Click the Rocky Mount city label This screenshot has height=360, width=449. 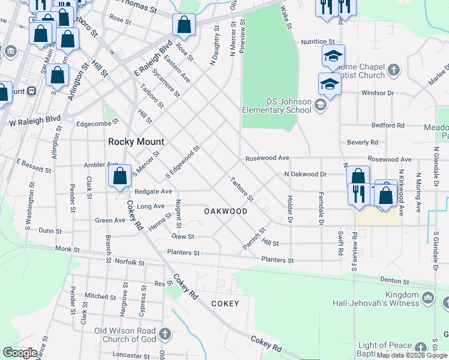136,142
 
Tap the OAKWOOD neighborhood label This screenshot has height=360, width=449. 226,211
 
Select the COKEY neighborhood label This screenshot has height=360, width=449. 225,304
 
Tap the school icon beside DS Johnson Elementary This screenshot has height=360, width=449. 321,106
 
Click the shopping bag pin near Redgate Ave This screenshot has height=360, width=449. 119,176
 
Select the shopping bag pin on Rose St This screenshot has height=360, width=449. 184,25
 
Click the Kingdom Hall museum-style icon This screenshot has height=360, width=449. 428,298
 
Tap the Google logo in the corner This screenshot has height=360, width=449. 20,353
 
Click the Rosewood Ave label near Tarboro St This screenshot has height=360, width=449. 267,158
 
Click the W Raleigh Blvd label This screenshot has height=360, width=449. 29,122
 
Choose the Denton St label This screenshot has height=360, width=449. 394,281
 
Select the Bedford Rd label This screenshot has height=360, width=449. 388,125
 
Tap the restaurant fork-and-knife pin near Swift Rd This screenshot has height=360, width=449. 358,194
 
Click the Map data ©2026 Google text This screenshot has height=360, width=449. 412,355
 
